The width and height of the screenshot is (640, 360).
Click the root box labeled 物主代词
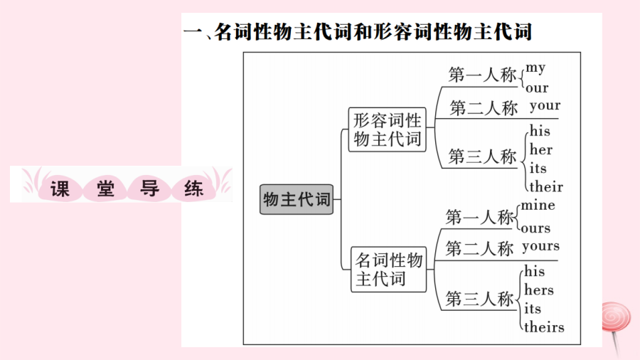pos(297,200)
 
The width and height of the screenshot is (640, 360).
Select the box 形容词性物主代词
pos(387,129)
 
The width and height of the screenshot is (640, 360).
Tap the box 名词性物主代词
pos(389,269)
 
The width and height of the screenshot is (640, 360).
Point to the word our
pos(537,88)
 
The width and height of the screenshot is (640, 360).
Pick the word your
pos(545,107)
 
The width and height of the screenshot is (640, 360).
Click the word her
pos(540,150)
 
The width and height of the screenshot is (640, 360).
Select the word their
pos(545,187)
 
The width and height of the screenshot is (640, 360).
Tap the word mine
pos(538,206)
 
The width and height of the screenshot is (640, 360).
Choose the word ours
pos(535,228)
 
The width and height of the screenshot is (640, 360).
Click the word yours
pos(540,246)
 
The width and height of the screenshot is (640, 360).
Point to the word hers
pos(538,290)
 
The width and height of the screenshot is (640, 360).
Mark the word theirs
pos(544,327)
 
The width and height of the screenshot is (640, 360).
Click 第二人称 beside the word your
pos(484,108)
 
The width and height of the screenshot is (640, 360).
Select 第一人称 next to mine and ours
pos(479,217)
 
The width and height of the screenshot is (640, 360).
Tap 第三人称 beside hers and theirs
pos(479,300)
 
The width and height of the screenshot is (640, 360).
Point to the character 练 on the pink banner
pos(193,188)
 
